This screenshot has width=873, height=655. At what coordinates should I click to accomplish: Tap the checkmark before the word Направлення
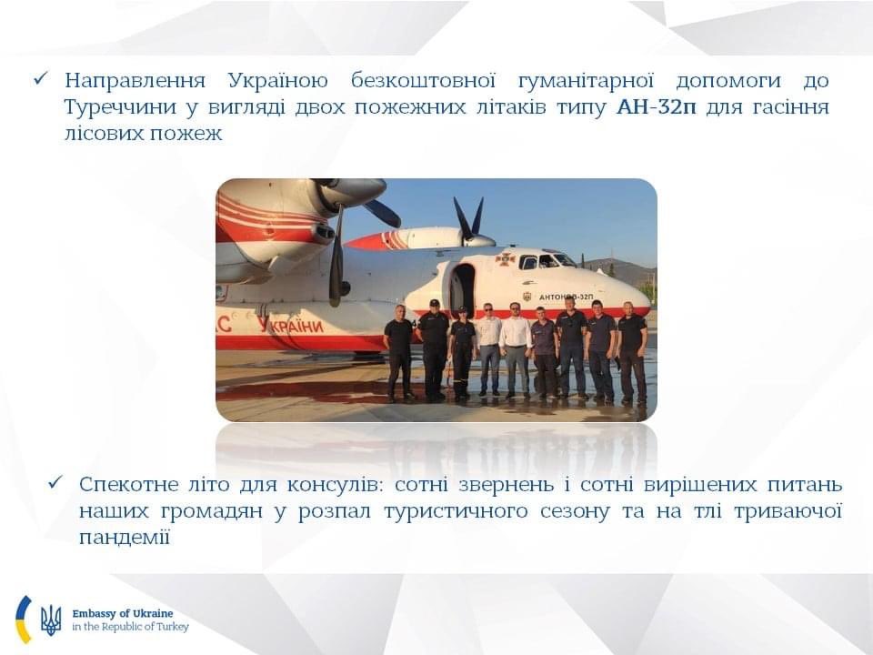[x=41, y=80]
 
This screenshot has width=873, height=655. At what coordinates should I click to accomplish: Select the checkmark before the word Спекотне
[x=55, y=482]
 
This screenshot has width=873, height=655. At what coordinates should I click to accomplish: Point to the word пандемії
[x=125, y=537]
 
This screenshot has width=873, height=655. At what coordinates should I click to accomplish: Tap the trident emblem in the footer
[x=51, y=620]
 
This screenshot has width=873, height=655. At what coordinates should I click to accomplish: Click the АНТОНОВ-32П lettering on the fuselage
[x=566, y=297]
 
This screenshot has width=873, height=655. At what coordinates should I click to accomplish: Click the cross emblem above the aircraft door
[x=505, y=259]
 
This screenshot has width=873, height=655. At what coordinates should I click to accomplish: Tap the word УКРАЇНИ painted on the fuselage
[x=290, y=325]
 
